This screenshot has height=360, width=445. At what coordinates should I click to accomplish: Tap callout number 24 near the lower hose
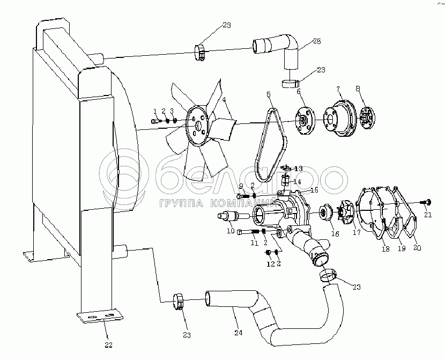coord(239,333)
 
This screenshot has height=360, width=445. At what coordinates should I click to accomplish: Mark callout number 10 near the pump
coord(231,231)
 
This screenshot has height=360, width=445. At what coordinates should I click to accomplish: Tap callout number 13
coord(298,168)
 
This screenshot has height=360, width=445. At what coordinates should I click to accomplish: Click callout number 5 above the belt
coord(269,95)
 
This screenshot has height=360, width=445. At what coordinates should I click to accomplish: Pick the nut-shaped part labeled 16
coord(325,212)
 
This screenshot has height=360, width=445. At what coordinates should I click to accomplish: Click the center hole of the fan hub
coord(199,126)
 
